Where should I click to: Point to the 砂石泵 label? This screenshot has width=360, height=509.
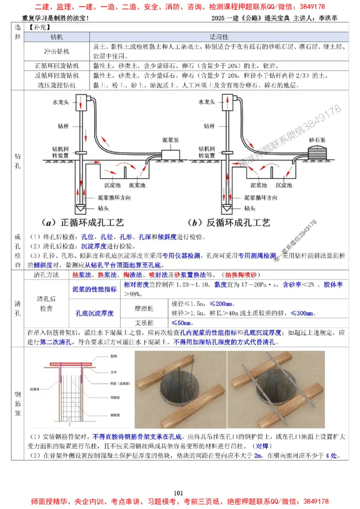(x=317, y=140)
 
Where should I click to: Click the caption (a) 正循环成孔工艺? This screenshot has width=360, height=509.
(x=83, y=223)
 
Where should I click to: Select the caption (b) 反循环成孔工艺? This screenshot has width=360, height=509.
(x=229, y=223)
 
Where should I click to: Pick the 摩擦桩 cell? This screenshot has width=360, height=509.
(x=144, y=308)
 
